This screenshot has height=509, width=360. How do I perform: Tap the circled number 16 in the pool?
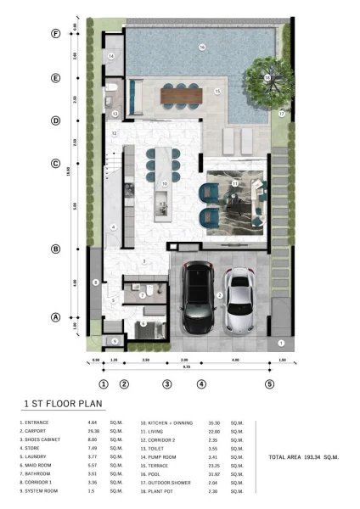(x=202, y=47)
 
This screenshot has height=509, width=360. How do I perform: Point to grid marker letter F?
(x=55, y=34)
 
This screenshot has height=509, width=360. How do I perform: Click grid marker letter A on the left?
(x=55, y=317)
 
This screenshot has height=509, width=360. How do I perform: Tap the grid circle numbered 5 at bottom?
(x=269, y=383)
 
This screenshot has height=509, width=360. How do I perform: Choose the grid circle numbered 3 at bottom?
(x=167, y=383)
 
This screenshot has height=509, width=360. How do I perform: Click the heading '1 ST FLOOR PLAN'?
(x=57, y=406)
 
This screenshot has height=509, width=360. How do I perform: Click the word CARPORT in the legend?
(x=41, y=429)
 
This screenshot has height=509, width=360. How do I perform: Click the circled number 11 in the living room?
(x=235, y=183)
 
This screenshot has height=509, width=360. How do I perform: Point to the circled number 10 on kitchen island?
(x=164, y=182)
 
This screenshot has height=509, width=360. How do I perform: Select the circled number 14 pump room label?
(x=112, y=56)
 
